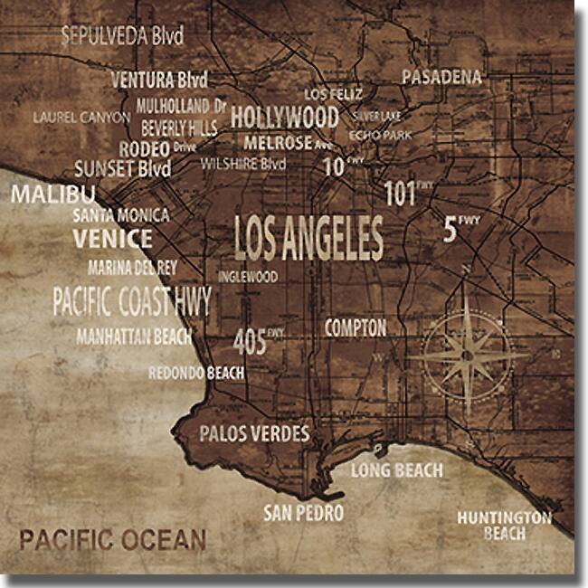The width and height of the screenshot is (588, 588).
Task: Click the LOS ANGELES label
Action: (308, 239)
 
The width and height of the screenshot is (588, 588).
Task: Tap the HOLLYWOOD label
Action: (284, 118)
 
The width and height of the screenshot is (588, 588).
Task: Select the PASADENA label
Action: (441, 78)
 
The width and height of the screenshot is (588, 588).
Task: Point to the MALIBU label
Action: (52, 194)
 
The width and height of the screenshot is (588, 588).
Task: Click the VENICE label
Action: (113, 239)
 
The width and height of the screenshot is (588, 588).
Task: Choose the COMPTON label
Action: (356, 327)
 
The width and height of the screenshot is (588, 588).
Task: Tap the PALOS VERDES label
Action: (254, 433)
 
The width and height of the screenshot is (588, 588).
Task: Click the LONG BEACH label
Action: (397, 470)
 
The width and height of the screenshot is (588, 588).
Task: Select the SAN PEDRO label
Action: (304, 514)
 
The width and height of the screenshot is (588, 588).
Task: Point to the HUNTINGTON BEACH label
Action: (504, 526)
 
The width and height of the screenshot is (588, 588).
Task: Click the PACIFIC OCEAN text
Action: (113, 541)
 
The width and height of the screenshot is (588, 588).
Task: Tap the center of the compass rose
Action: (468, 354)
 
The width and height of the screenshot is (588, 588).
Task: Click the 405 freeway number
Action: (251, 342)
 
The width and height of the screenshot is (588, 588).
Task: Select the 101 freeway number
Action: (401, 193)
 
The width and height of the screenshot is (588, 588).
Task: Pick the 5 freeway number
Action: (450, 230)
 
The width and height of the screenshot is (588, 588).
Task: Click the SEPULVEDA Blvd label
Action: (122, 36)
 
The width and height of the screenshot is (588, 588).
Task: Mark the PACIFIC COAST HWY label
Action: (131, 301)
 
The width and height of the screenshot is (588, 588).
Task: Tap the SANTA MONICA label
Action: (120, 215)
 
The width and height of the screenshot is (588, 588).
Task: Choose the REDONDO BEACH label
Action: (196, 373)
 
